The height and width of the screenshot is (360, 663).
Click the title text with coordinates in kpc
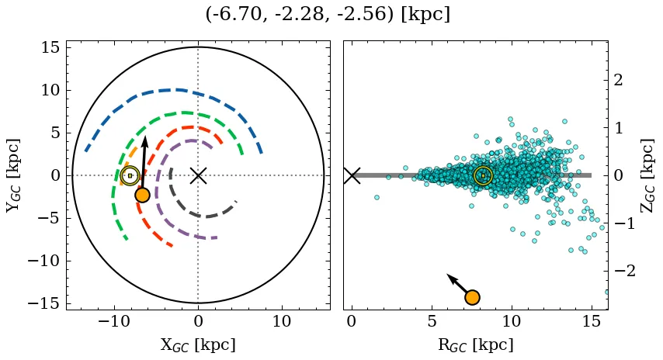[x=328, y=15]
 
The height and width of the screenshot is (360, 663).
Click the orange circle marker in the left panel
[x=142, y=195]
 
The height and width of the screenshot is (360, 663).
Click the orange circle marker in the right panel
[x=472, y=297]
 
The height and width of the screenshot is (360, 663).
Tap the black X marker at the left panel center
[x=198, y=175]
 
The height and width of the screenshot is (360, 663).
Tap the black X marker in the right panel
[x=352, y=175]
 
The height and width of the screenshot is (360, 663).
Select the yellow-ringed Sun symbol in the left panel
[x=130, y=175]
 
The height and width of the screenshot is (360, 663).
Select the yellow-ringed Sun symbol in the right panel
[x=483, y=175]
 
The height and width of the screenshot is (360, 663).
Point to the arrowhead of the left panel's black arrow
[x=145, y=140]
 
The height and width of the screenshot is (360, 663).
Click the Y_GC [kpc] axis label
[x=13, y=175]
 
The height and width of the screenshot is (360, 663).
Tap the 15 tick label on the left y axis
[x=50, y=47]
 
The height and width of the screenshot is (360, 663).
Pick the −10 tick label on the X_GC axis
[x=114, y=321]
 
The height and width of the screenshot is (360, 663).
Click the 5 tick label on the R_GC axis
[x=432, y=321]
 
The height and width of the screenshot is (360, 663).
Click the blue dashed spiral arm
[x=179, y=90]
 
